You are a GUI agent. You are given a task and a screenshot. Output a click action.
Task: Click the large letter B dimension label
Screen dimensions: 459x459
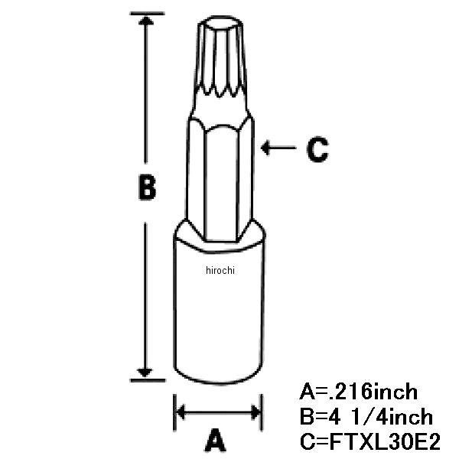(147, 187)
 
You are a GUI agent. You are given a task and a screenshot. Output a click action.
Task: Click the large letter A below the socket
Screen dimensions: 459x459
(216, 440)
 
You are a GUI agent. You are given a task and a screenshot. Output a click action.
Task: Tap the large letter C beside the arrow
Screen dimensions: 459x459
(317, 149)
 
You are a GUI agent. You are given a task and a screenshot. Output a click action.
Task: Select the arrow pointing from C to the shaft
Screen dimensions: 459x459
(278, 148)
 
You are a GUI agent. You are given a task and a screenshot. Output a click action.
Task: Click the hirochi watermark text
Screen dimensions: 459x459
(220, 270)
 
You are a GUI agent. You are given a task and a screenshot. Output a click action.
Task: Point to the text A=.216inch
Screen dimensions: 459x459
(358, 392)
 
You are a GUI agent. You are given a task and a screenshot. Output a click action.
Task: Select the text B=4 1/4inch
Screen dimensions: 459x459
(366, 417)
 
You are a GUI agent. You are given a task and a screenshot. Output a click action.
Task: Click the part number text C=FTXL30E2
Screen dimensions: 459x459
(370, 441)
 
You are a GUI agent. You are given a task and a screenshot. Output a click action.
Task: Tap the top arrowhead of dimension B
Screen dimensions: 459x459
(146, 20)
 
